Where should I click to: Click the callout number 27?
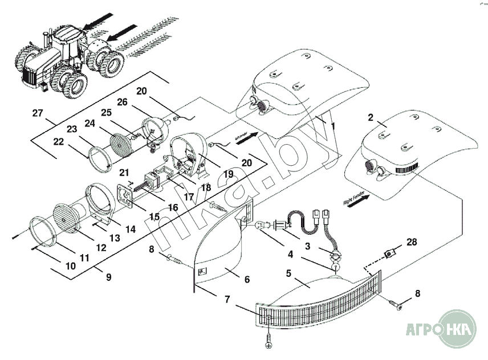click(38, 113)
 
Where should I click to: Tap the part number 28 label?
click(412, 242)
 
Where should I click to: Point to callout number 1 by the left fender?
click(332, 125)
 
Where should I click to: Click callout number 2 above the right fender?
click(371, 118)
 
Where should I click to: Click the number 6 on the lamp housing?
click(247, 280)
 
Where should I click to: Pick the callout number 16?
click(172, 207)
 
